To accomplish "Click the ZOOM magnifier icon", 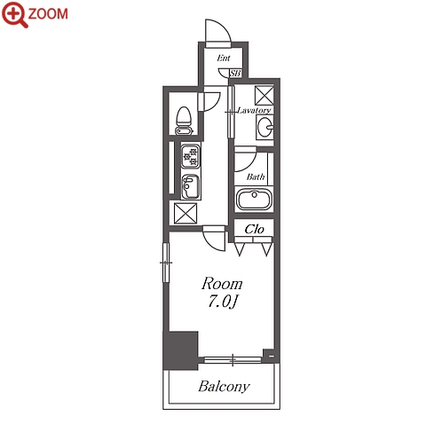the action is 14,14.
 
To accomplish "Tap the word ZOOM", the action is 48,14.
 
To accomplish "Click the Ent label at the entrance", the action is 224,58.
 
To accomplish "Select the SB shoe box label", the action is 235,73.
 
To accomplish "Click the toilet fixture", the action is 184,121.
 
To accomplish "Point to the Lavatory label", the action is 254,110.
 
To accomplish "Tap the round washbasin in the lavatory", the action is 264,127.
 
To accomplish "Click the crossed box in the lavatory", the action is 264,95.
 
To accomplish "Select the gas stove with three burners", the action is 190,156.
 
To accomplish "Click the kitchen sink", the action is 191,186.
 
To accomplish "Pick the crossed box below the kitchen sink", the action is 185,213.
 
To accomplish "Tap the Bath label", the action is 256,177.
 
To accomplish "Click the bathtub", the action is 254,199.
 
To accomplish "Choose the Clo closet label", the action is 254,229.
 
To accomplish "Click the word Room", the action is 222,284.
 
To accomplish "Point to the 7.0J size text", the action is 224,302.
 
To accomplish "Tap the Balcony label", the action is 224,387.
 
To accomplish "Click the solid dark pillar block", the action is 180,350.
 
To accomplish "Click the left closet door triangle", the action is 240,249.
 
